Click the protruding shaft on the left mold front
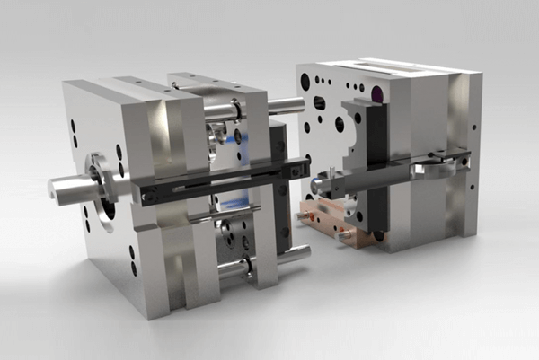(67, 189)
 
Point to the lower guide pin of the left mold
(269, 260)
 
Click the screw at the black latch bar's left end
(152, 192)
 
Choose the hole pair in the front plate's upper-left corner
(74, 133)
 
